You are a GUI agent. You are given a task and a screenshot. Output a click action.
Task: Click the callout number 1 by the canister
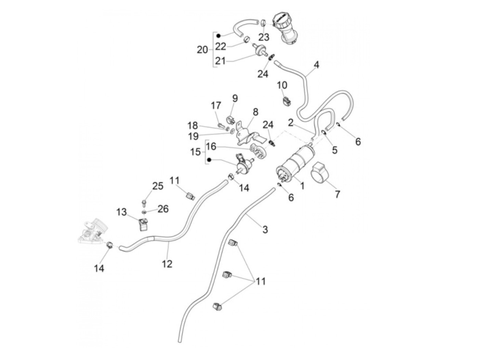302,186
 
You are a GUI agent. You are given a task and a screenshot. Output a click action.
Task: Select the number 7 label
337,194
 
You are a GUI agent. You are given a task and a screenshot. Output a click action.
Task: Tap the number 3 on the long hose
265,229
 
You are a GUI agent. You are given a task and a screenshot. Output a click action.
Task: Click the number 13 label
121,212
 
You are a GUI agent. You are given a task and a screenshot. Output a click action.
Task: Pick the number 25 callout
158,186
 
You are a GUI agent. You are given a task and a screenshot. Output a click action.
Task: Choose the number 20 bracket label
202,50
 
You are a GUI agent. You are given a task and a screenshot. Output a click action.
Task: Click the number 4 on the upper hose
316,65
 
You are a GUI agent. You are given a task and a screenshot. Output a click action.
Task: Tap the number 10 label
282,85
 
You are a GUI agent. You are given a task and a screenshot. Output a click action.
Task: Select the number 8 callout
256,112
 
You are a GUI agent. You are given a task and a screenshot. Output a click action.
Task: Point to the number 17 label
216,105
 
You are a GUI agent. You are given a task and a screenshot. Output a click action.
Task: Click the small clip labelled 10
286,100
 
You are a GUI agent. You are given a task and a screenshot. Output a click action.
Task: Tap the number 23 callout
264,37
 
